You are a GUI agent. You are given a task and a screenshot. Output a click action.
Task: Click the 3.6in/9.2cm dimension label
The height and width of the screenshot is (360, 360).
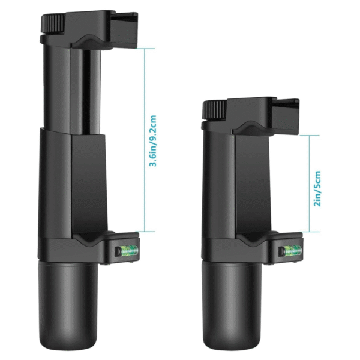click(154, 141)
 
